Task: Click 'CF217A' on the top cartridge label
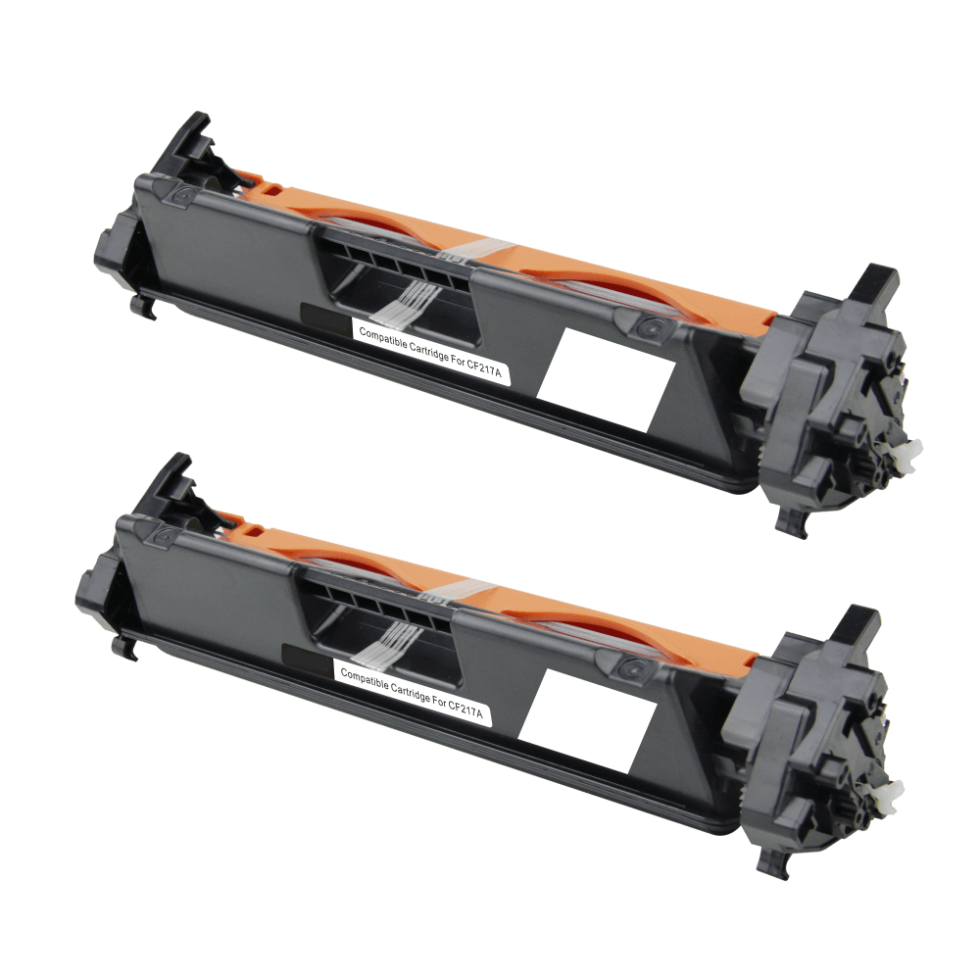[x=484, y=369]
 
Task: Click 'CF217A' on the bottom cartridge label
[x=465, y=710]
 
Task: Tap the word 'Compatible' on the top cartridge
[x=382, y=342]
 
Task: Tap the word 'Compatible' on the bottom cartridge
[x=364, y=682]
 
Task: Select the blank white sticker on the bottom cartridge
[x=587, y=720]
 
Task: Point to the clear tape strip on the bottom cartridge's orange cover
[x=462, y=590]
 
